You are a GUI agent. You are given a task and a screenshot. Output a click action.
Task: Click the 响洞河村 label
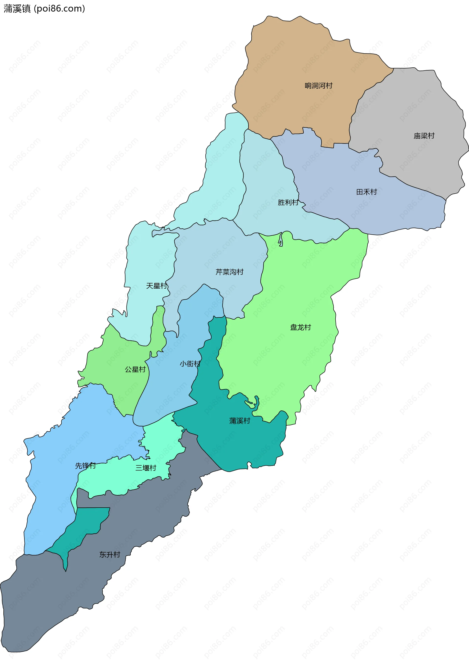pos(318,85)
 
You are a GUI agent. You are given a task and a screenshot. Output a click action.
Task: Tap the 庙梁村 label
pos(424,136)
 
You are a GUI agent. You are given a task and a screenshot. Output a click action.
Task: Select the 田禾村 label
pos(366,192)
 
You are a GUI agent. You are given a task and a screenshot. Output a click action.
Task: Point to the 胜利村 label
pos(288,202)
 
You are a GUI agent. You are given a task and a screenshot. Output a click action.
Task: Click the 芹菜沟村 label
pos(229,272)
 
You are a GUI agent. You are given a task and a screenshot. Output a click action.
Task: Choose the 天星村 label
pos(156,286)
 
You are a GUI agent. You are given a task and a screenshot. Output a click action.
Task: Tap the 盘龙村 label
pos(300,327)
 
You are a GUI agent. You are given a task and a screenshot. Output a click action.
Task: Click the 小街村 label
pos(190,364)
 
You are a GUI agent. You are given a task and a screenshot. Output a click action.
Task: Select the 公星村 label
pos(135,369)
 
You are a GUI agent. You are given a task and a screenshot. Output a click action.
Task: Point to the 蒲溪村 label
pos(239,421)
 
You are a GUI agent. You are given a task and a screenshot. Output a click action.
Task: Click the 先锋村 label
pos(85,466)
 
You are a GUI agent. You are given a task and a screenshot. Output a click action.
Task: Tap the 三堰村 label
pos(146,468)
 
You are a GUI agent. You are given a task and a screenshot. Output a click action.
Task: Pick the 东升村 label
pos(109,554)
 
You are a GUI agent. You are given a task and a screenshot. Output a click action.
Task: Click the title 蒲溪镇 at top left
pos(17,9)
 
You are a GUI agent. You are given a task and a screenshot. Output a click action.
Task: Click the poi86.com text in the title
pos(59,9)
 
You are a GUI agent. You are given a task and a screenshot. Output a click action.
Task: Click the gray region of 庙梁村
pos(413,111)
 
